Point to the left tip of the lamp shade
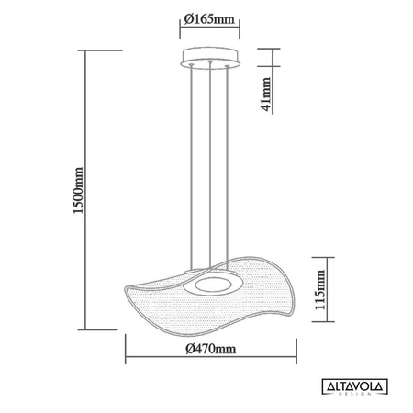pyautogui.click(x=126, y=292)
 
